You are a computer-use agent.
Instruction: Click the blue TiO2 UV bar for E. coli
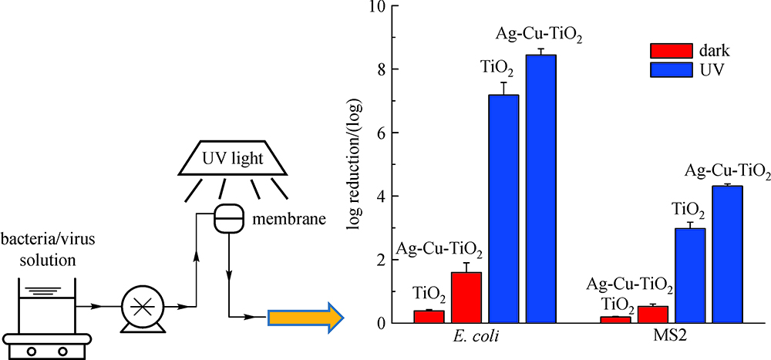(x=504, y=208)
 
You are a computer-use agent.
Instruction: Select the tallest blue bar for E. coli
(x=541, y=189)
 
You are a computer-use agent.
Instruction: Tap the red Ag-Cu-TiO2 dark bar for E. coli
(x=466, y=298)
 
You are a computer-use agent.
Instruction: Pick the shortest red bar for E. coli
(x=429, y=316)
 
